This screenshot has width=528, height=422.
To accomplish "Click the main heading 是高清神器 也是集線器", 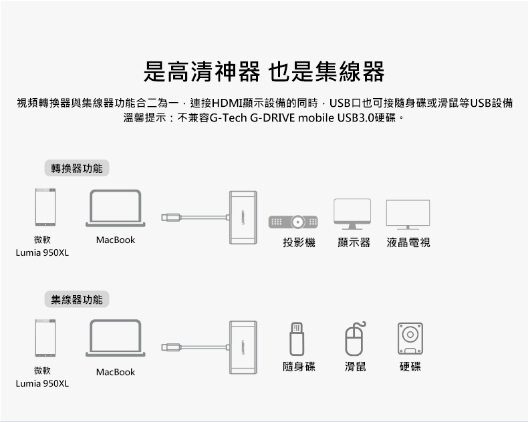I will [264, 71].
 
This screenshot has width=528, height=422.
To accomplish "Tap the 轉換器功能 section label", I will [77, 168].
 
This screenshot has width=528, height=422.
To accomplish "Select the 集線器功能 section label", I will [77, 299].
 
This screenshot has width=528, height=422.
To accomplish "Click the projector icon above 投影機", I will [293, 221].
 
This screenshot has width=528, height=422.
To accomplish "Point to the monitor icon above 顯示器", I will [352, 214].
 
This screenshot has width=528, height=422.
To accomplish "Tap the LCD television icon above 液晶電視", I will [408, 214].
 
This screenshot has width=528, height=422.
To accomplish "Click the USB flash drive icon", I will [297, 339].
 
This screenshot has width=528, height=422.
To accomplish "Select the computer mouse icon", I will [356, 339].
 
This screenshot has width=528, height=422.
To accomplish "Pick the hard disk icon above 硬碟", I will [410, 339].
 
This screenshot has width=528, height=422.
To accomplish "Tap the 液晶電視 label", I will [408, 242].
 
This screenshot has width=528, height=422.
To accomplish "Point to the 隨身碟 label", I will [299, 367].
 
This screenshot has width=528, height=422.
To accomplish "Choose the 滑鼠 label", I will [356, 367].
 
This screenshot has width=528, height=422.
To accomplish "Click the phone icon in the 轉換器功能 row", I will [45, 208].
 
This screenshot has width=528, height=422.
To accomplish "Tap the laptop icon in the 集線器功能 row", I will [116, 339].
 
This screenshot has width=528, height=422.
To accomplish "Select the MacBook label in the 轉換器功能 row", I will [116, 240].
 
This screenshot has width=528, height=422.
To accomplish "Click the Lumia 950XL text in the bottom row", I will [42, 384].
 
